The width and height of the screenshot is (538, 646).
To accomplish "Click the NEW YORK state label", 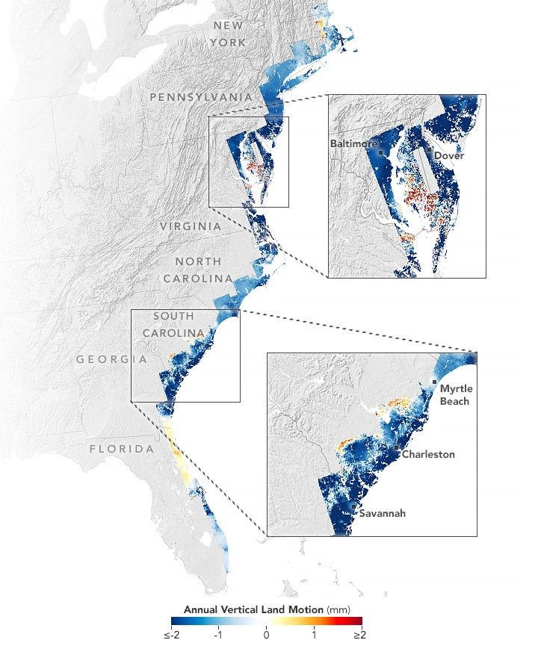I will point(228,34).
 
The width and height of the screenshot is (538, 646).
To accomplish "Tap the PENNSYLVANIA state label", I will point(200,98).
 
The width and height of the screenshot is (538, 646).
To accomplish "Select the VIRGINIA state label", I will point(191,226).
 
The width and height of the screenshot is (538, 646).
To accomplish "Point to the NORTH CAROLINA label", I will point(199,270).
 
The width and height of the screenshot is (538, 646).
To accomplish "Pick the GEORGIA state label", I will point(111,359).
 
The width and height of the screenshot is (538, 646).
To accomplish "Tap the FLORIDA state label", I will point(122,449).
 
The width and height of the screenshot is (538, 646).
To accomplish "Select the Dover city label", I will point(448,155).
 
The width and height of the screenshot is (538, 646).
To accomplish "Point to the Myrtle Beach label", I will point(454,396).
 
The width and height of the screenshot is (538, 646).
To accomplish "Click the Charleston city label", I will point(427,454).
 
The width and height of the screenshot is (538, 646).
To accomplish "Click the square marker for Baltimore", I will point(380,152).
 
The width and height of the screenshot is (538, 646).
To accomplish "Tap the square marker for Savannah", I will point(353,506).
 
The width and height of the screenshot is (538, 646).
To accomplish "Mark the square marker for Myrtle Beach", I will point(434,382).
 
